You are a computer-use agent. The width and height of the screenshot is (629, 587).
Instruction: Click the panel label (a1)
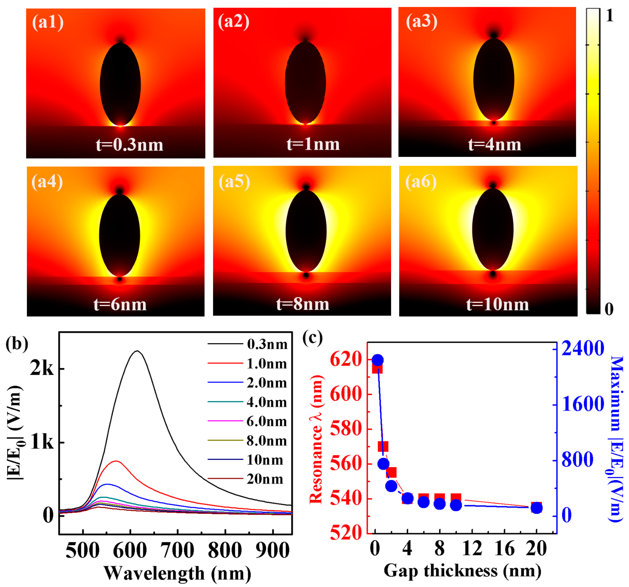pos(48,23)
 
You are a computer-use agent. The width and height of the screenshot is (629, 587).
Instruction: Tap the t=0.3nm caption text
pos(129,145)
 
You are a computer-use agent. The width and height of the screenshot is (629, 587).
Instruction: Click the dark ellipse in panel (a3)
pos(494,79)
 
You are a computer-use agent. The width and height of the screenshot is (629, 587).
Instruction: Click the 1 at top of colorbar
pos(609,15)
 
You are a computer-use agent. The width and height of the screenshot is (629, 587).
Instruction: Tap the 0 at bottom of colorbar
pos(609,309)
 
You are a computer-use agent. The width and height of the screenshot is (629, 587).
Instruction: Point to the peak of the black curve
pos(137,351)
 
